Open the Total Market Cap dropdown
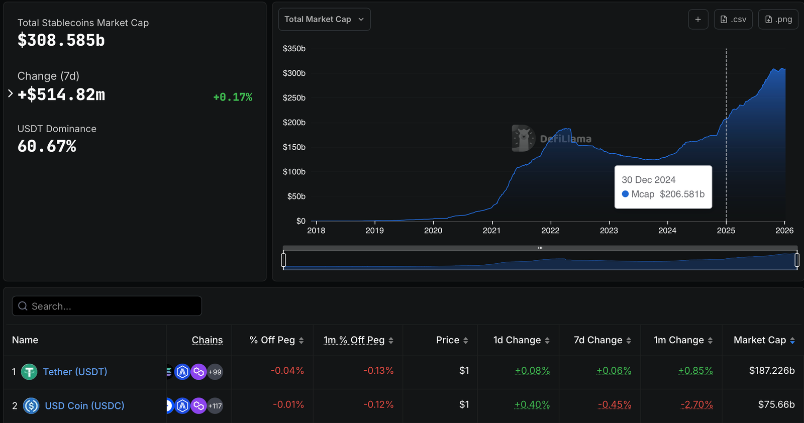coord(324,19)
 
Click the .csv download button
coord(733,19)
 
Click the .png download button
coord(778,19)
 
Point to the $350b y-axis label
coord(294,49)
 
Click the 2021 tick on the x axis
coord(491,230)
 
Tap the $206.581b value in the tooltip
coord(682,194)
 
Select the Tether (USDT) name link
coord(75,372)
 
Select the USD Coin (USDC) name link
coord(84,405)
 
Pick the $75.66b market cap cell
coord(776,404)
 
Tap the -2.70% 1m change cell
coord(696,404)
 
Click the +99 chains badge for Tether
coord(215,372)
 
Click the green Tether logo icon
coord(29,372)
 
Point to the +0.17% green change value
coord(233,97)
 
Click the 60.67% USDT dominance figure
coord(47,146)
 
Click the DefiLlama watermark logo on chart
coord(523,138)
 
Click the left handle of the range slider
coord(283,260)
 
